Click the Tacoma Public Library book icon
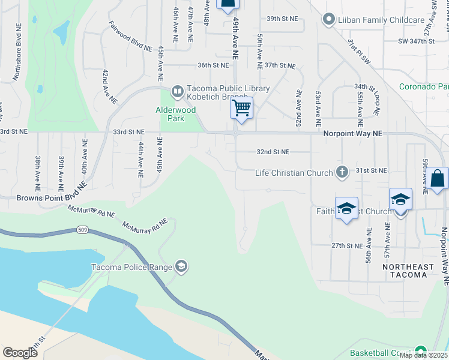[x=177, y=92]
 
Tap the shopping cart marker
[x=241, y=109]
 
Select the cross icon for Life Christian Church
[x=342, y=173]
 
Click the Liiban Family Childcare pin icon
[x=328, y=20]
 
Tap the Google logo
[x=20, y=352]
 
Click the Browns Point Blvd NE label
[x=52, y=197]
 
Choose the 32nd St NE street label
[x=273, y=152]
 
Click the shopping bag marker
[x=438, y=179]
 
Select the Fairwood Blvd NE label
[x=130, y=37]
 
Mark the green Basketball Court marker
[x=421, y=352]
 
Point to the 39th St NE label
[x=282, y=19]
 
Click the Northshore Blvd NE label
[x=14, y=59]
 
